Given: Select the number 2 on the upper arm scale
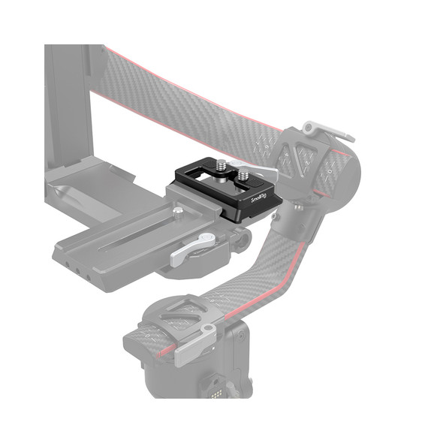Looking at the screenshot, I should click(x=286, y=160).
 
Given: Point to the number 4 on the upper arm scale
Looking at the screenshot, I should click(x=306, y=155).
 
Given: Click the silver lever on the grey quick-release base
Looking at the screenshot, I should click(x=192, y=250).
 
